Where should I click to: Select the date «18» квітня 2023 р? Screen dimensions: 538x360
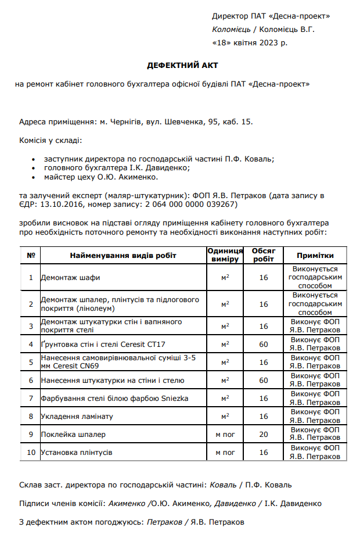[250, 42]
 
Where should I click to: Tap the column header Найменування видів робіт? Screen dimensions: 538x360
[123, 256]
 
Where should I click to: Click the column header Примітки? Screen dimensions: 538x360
[315, 256]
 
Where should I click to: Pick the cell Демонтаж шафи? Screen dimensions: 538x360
[70, 278]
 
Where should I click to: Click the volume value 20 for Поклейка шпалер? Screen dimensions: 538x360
[264, 435]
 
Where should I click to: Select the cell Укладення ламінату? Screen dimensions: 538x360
[77, 417]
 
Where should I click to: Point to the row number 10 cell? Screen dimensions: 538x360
[31, 452]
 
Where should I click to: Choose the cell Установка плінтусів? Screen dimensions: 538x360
[77, 452]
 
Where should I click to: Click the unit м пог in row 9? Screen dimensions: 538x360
[225, 435]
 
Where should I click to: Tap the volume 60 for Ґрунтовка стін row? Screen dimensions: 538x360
[264, 345]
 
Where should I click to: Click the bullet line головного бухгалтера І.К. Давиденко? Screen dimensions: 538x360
[117, 167]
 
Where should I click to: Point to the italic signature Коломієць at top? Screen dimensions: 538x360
[231, 29]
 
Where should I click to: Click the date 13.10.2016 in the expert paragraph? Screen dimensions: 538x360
[61, 205]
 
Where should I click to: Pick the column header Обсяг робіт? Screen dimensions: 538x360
[264, 256]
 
